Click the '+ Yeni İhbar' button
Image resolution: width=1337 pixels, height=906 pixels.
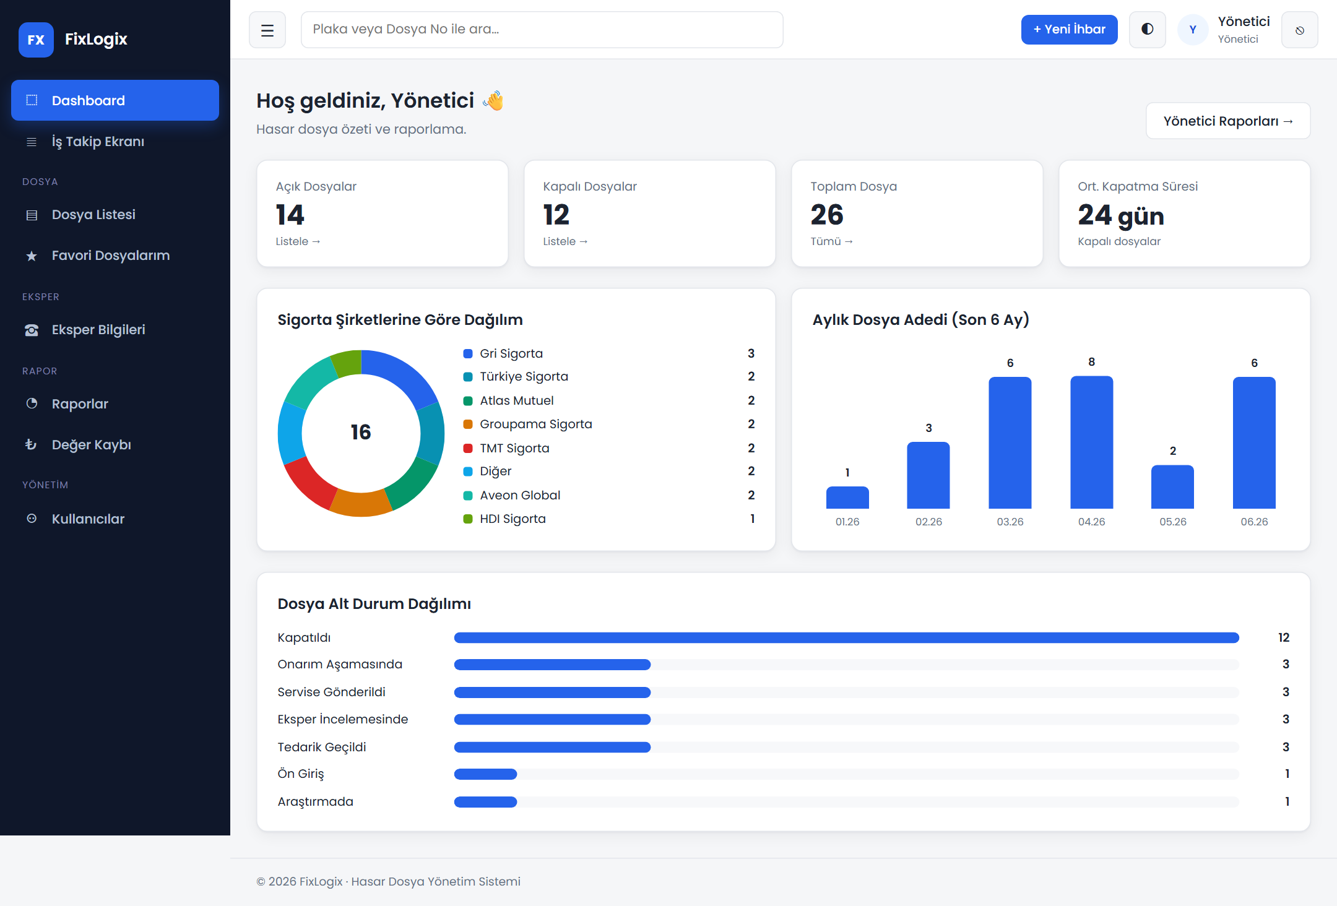(1069, 30)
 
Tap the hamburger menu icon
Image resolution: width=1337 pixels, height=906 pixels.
(267, 30)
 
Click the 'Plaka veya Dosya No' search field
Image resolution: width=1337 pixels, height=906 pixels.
(542, 30)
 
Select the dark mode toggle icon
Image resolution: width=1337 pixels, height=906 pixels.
(1147, 30)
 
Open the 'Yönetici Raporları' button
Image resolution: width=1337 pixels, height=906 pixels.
(1228, 121)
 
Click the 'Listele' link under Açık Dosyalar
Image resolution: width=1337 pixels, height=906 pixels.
(298, 241)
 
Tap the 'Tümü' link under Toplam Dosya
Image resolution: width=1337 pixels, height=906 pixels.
(831, 241)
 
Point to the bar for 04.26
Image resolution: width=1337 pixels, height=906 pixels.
(1091, 442)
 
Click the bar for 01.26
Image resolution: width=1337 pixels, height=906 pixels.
(847, 498)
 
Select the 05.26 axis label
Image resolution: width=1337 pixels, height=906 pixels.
(1172, 522)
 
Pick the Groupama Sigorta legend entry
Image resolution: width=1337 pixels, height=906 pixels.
(527, 425)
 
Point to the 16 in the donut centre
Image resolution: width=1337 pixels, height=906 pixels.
(361, 432)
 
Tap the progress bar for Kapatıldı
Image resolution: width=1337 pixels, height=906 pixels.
(846, 637)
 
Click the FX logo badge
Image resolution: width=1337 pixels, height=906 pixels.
(36, 40)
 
